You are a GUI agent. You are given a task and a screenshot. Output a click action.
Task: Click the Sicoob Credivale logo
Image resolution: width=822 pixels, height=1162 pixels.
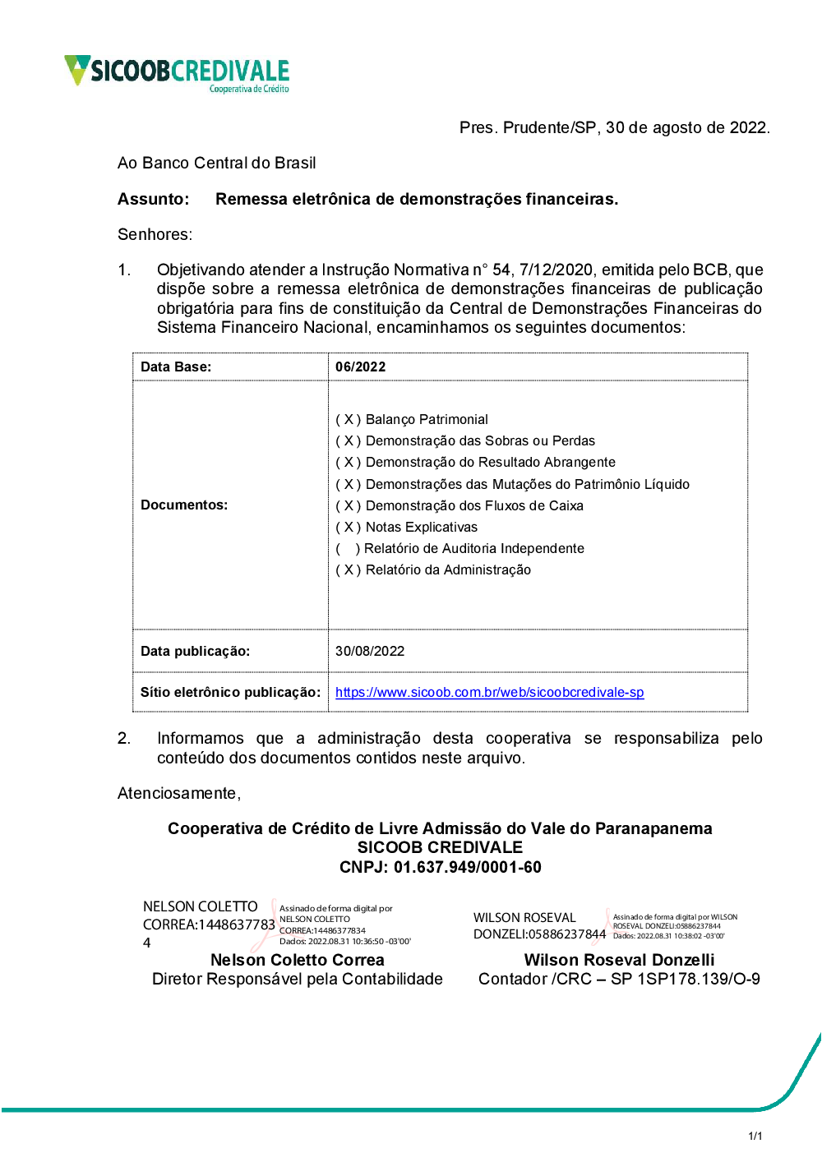177,72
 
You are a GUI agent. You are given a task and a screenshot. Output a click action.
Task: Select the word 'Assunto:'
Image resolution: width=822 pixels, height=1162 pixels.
154,199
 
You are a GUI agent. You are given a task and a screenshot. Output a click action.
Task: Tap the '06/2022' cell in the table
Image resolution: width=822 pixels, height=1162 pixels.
360,367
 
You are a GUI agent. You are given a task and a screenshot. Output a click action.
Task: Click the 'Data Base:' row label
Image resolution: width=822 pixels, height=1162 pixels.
176,367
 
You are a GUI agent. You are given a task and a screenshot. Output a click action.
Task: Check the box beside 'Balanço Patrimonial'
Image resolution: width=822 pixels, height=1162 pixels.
349,419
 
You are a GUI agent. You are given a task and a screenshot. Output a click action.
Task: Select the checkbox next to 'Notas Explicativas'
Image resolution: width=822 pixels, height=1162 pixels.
349,527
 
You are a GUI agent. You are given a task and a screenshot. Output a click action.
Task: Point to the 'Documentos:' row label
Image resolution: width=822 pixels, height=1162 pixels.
184,505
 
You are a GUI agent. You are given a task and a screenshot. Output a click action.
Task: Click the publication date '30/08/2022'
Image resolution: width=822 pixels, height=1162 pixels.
370,651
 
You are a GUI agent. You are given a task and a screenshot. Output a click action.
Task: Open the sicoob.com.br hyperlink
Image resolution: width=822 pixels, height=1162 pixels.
489,692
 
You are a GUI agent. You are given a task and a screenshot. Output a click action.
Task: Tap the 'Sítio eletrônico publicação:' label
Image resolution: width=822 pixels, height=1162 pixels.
230,692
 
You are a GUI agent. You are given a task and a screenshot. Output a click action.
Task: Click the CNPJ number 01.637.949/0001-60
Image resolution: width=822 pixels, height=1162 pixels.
468,867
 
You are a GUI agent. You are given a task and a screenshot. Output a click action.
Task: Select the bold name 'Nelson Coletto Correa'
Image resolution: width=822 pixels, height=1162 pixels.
298,960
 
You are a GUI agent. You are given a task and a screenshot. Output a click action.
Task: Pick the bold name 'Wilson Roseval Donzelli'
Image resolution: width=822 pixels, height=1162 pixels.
619,960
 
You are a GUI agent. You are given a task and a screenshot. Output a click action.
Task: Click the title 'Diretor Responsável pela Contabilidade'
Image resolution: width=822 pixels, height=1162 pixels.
298,979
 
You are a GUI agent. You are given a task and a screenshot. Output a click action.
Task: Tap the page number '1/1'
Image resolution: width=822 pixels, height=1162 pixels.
755,1136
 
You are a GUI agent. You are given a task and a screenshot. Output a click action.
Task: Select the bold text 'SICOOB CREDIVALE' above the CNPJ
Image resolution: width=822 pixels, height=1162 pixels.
440,847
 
